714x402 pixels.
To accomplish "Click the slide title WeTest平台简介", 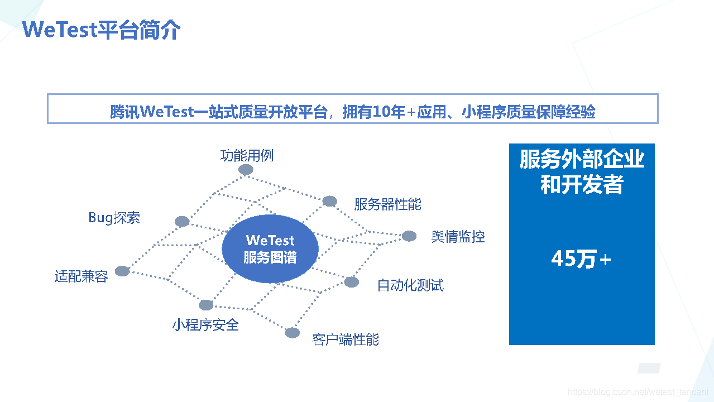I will click(x=102, y=30).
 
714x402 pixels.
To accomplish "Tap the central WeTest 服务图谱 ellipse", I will click(x=270, y=249).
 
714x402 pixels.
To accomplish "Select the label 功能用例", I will click(x=247, y=155).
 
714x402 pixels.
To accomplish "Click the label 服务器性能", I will click(x=387, y=204).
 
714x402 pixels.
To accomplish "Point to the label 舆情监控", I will click(x=458, y=237).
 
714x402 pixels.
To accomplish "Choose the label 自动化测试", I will click(x=410, y=285).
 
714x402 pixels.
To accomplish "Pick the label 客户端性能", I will click(x=346, y=339).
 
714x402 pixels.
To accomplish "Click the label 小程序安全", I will click(x=205, y=325).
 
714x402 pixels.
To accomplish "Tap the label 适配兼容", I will click(x=81, y=276).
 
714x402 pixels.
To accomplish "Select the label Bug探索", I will click(x=114, y=218).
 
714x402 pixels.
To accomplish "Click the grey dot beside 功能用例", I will click(x=246, y=170).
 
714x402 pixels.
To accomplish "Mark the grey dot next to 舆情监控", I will click(x=409, y=236).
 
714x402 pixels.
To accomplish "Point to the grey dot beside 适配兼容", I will click(x=122, y=271).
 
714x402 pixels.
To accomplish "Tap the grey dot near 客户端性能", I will click(x=293, y=333).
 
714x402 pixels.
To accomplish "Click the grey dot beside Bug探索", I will click(x=182, y=222).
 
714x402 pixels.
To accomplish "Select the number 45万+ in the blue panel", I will click(x=581, y=259).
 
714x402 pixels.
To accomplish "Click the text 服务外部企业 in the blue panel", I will click(x=582, y=160).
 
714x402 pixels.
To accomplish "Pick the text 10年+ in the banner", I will click(x=394, y=112).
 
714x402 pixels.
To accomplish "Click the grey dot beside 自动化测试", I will click(x=351, y=282).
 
